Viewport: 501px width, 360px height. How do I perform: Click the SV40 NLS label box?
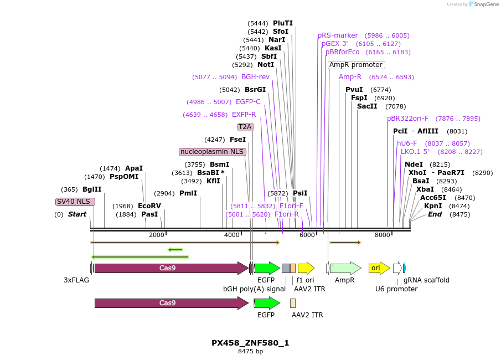click(x=75, y=202)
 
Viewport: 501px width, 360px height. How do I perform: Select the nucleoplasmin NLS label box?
click(x=213, y=152)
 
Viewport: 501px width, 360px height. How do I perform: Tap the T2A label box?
click(x=245, y=127)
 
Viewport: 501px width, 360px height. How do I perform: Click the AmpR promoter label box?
click(x=356, y=65)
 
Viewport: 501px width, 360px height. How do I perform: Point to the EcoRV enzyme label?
click(x=149, y=206)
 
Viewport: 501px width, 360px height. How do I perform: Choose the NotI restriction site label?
click(x=266, y=65)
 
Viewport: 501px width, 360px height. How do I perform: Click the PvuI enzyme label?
click(x=354, y=90)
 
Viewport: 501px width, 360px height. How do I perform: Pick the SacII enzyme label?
click(x=367, y=106)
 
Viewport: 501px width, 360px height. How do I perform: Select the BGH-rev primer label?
click(x=255, y=77)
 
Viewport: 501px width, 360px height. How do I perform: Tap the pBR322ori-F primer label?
click(x=407, y=119)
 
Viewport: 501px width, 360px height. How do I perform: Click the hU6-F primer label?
click(x=407, y=143)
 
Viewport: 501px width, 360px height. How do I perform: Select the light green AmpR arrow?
click(x=346, y=268)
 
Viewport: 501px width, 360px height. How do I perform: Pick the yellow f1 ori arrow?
click(x=306, y=268)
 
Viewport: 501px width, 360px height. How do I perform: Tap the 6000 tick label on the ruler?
click(x=307, y=235)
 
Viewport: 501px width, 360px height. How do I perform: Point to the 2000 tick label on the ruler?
click(x=157, y=235)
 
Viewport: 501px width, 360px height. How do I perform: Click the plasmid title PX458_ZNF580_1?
click(x=250, y=343)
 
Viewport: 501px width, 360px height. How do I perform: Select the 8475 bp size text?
click(x=250, y=351)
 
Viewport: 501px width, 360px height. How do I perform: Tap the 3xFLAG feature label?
click(x=76, y=280)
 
